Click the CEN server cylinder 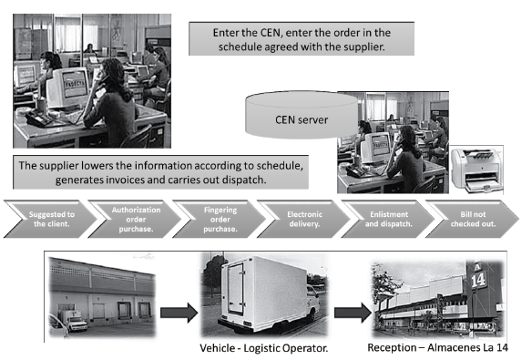coord(302,115)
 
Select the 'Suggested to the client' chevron coord(51,219)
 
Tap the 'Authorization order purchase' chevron coord(136,219)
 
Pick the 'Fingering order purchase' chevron coord(220,219)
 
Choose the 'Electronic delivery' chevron coord(304,219)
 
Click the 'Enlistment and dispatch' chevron coord(389,219)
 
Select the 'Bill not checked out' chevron coord(473,219)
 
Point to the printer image coord(476,170)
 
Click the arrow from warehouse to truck coord(179,313)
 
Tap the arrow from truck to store coord(353,313)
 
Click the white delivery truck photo coord(265,294)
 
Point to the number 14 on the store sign coord(478,281)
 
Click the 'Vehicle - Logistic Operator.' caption coord(263,348)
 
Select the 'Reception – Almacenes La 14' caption coord(437,347)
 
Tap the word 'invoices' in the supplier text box coord(125,180)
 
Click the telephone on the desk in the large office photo coord(38,118)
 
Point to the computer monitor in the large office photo coord(67,87)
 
